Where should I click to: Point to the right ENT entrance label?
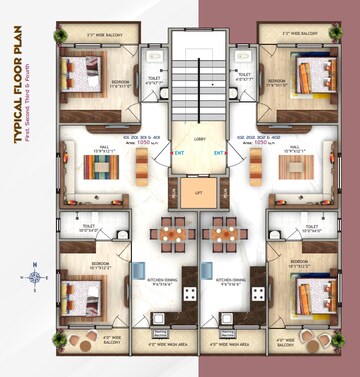(x=219, y=154)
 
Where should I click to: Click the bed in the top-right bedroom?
(x=312, y=75)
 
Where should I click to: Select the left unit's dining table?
(x=169, y=237)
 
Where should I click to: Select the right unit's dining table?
(x=219, y=237)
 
